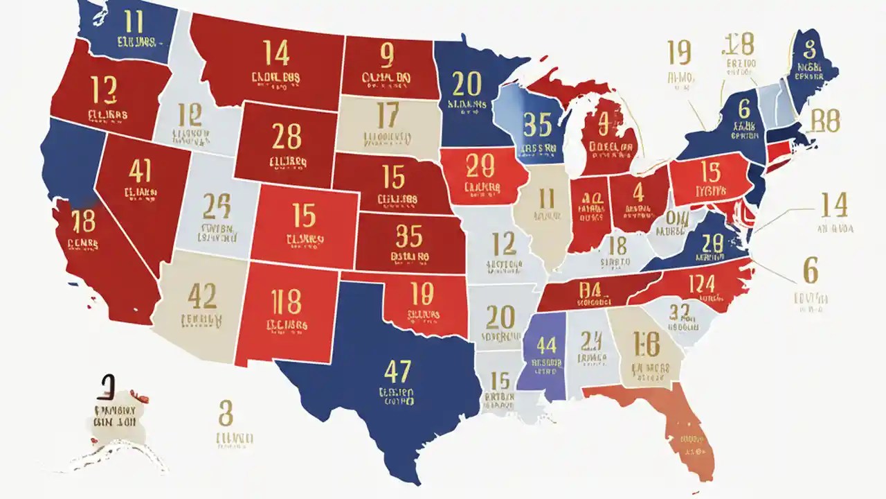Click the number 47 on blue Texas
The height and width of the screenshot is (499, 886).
pyautogui.click(x=397, y=372)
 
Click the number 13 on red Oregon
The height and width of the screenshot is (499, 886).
pyautogui.click(x=105, y=89)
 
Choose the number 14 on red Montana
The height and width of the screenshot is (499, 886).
pyautogui.click(x=276, y=53)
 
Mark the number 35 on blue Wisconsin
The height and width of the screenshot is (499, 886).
pyautogui.click(x=538, y=125)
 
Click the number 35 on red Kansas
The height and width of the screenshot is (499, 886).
pyautogui.click(x=408, y=236)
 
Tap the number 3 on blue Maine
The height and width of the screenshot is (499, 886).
pyautogui.click(x=810, y=49)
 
